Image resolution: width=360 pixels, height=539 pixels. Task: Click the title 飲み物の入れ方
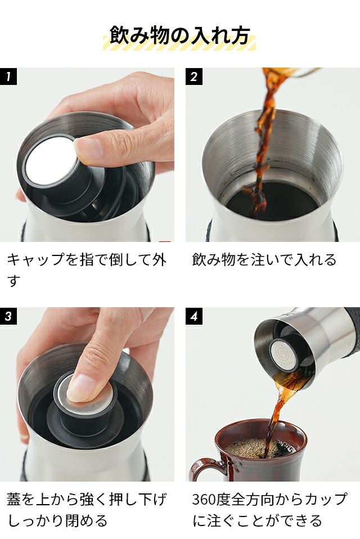pyautogui.click(x=179, y=35)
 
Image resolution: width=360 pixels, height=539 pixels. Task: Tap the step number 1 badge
pyautogui.click(x=8, y=77)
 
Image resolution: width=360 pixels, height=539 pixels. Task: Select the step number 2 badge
pyautogui.click(x=193, y=77)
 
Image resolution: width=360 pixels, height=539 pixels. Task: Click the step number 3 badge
pyautogui.click(x=8, y=316)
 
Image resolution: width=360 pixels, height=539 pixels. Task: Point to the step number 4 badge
pyautogui.click(x=193, y=316)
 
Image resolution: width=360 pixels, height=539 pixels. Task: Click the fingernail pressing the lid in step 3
pyautogui.click(x=82, y=388)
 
